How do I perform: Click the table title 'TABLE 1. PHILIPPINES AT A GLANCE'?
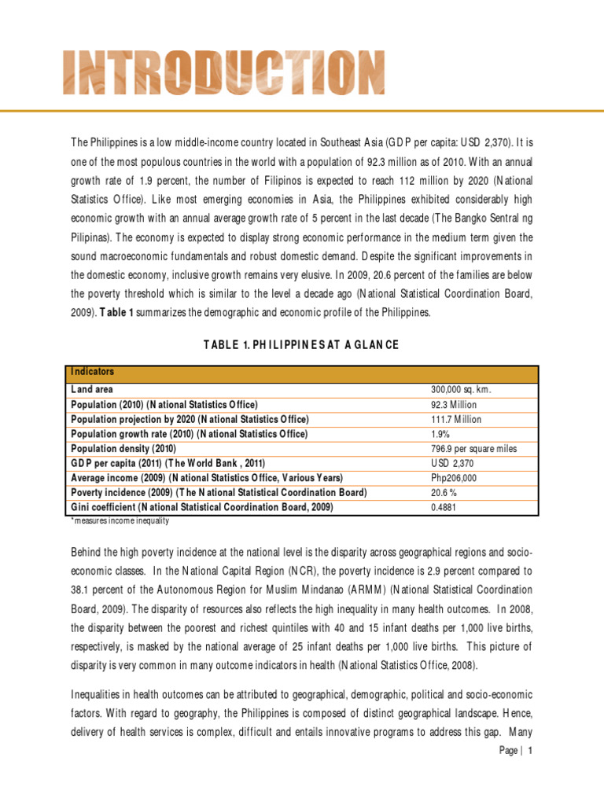302,345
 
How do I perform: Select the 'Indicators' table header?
92,372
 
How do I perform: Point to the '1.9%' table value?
441,434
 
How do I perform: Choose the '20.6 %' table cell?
444,493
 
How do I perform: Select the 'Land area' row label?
92,389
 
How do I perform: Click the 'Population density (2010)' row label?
123,449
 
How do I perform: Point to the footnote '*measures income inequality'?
119,520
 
